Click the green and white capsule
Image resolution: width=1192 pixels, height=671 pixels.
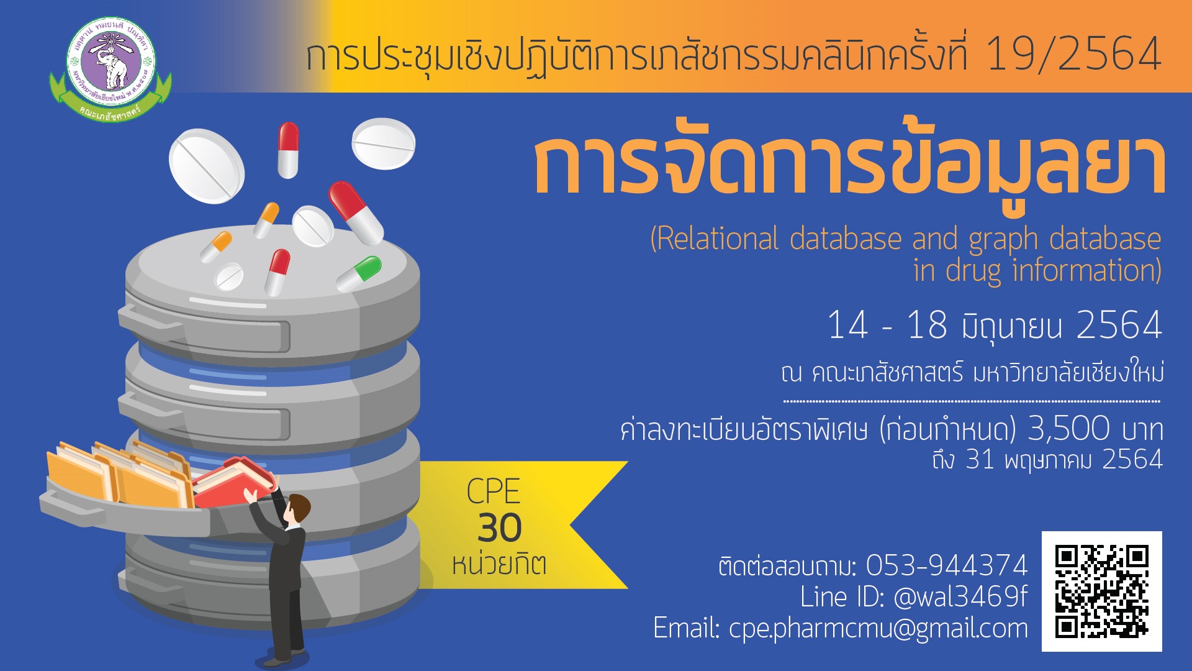point(359,274)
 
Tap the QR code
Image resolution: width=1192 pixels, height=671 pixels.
point(1101,591)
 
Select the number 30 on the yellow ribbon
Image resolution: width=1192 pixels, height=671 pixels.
point(500,528)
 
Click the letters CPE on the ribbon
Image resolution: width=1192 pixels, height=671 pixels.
point(494,491)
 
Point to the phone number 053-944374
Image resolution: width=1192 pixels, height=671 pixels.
point(947,565)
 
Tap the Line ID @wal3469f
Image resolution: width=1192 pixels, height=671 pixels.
point(960,596)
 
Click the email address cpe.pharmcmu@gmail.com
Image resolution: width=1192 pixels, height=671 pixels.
point(878,628)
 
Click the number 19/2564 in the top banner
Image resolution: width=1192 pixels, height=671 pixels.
point(1073,54)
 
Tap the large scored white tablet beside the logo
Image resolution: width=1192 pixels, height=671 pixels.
point(207,166)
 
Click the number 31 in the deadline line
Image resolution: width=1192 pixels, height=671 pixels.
point(980,460)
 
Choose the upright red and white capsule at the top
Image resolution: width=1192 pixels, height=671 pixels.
point(288,150)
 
